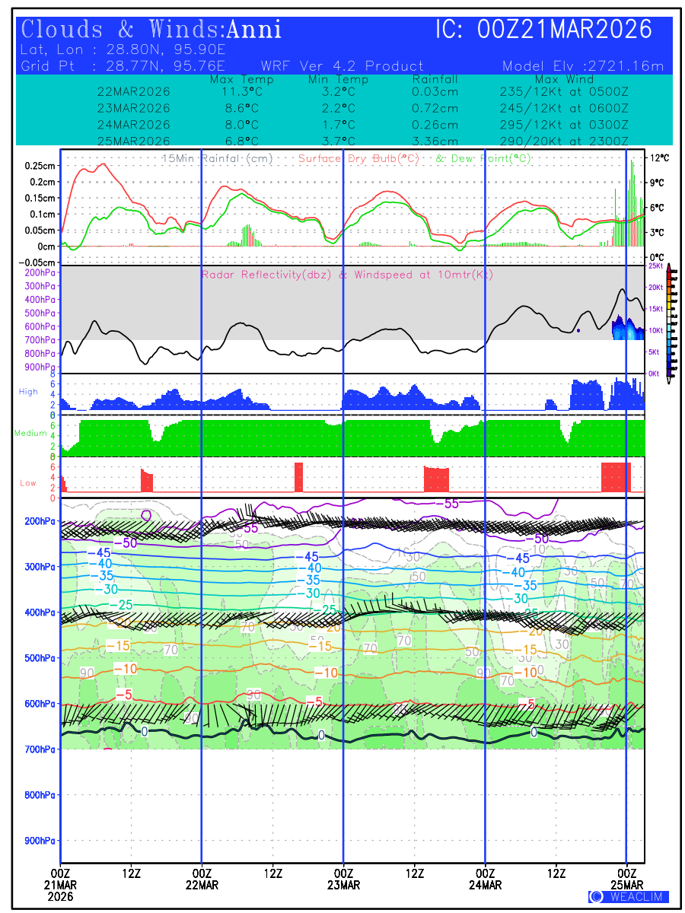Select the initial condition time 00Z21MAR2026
pyautogui.click(x=565, y=30)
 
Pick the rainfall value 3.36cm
pyautogui.click(x=435, y=141)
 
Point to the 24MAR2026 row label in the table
pyautogui.click(x=134, y=125)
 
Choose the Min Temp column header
pyautogui.click(x=338, y=79)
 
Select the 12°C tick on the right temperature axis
pyautogui.click(x=659, y=157)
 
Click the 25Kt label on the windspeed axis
pyautogui.click(x=655, y=266)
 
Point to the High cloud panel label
pyautogui.click(x=28, y=392)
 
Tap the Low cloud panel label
pyautogui.click(x=28, y=483)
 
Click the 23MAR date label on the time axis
pyautogui.click(x=343, y=885)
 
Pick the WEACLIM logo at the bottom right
pyautogui.click(x=629, y=897)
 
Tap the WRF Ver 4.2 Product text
pyautogui.click(x=342, y=66)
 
